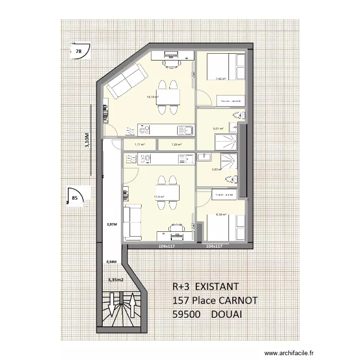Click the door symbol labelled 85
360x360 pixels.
click(x=76, y=196)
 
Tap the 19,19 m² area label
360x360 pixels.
click(x=153, y=96)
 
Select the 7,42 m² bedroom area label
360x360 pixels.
click(x=220, y=78)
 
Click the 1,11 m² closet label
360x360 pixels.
click(x=139, y=144)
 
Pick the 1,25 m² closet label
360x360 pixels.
click(x=177, y=144)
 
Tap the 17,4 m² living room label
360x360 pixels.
click(x=159, y=197)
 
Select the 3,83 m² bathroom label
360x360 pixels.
click(x=217, y=169)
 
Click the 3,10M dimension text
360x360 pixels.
click(x=87, y=142)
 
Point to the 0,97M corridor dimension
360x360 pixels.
click(x=111, y=224)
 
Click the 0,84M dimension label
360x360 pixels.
click(x=111, y=262)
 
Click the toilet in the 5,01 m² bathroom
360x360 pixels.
click(x=238, y=115)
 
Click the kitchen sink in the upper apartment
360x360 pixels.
click(x=185, y=130)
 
